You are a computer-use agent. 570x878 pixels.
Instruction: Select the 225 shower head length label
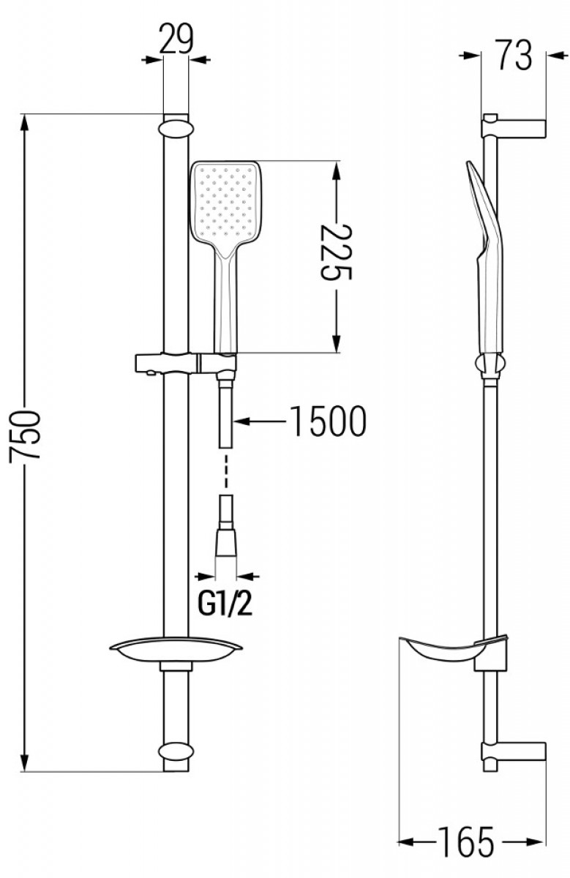coord(336,252)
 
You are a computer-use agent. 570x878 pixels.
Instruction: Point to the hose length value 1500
coord(327,421)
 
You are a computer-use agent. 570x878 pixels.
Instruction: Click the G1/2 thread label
coord(225,604)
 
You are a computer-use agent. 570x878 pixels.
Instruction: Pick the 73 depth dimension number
coord(513,56)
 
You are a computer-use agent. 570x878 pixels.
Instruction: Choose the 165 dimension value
coord(466,842)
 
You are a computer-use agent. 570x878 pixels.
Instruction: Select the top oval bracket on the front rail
coord(176,130)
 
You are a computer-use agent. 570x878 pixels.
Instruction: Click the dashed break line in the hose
coord(225,470)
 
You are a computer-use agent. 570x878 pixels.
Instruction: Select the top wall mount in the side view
coord(514,127)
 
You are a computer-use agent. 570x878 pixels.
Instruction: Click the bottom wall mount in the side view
coord(514,752)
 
